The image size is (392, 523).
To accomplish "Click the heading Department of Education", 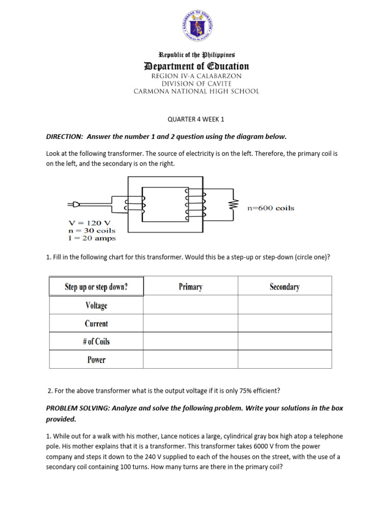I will point(197,66).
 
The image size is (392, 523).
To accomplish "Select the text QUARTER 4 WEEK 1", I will point(196,120).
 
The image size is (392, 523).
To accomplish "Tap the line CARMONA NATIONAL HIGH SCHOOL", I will point(197,91).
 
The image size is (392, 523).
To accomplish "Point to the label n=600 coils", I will point(270,208).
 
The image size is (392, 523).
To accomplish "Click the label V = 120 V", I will point(89,223).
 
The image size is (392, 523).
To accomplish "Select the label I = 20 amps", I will point(92,238).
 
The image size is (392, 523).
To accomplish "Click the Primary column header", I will point(190,287).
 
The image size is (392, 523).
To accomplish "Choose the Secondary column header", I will point(284,287).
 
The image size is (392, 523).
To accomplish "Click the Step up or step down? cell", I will point(96,287).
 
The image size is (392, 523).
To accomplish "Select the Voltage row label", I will point(96,305).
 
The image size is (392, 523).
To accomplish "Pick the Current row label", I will point(96,323).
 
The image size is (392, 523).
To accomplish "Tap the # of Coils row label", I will point(96,342).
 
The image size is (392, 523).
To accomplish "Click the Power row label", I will point(96,360).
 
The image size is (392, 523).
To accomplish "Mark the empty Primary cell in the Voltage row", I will point(190,305).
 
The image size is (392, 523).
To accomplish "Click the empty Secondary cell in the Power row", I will point(284,360).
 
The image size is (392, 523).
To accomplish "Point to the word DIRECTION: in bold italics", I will point(64,136).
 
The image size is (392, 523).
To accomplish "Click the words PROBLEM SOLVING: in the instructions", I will point(78,409).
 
